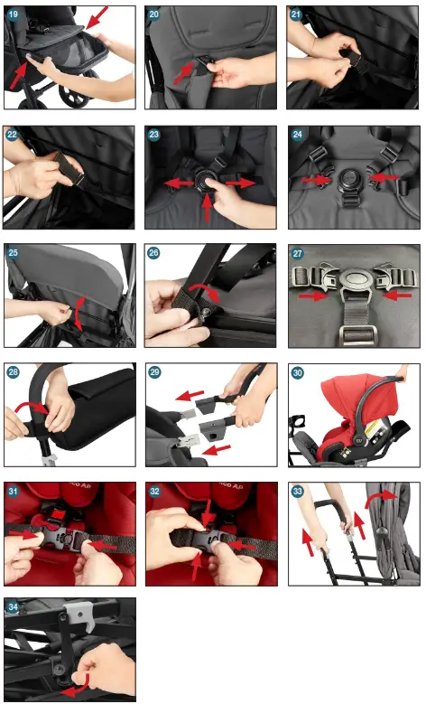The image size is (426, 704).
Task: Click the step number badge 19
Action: coord(13,14)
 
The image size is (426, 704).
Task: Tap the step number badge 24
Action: coord(297,135)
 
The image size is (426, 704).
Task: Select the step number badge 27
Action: coord(297,253)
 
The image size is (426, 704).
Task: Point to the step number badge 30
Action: coord(297,372)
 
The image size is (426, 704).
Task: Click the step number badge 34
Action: coord(13,607)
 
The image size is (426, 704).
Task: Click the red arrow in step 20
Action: coord(184,72)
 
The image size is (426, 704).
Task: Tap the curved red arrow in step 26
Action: coord(205,290)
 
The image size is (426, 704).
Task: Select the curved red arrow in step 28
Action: coord(32,407)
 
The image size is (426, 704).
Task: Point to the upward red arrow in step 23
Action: coord(207,208)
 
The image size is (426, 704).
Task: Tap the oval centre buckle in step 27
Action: coord(355,278)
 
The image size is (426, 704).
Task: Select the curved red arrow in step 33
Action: coord(380,499)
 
